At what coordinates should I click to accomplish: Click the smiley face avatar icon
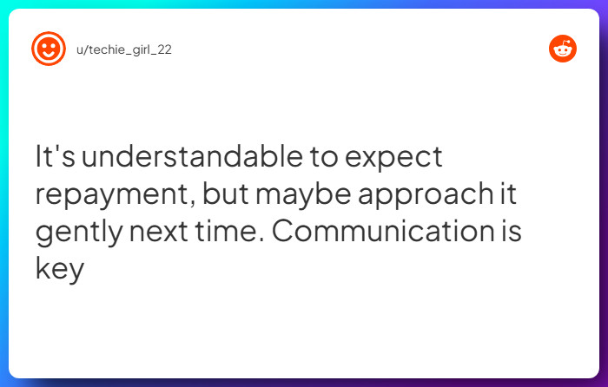click(x=49, y=49)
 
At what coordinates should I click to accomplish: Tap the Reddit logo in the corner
click(x=563, y=49)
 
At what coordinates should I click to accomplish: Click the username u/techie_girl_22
click(x=124, y=49)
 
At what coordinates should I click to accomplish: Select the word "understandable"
click(x=186, y=158)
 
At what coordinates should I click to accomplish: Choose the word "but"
click(x=224, y=195)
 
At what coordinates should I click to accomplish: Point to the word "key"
click(x=59, y=270)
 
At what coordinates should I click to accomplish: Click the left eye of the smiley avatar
click(x=43, y=44)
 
